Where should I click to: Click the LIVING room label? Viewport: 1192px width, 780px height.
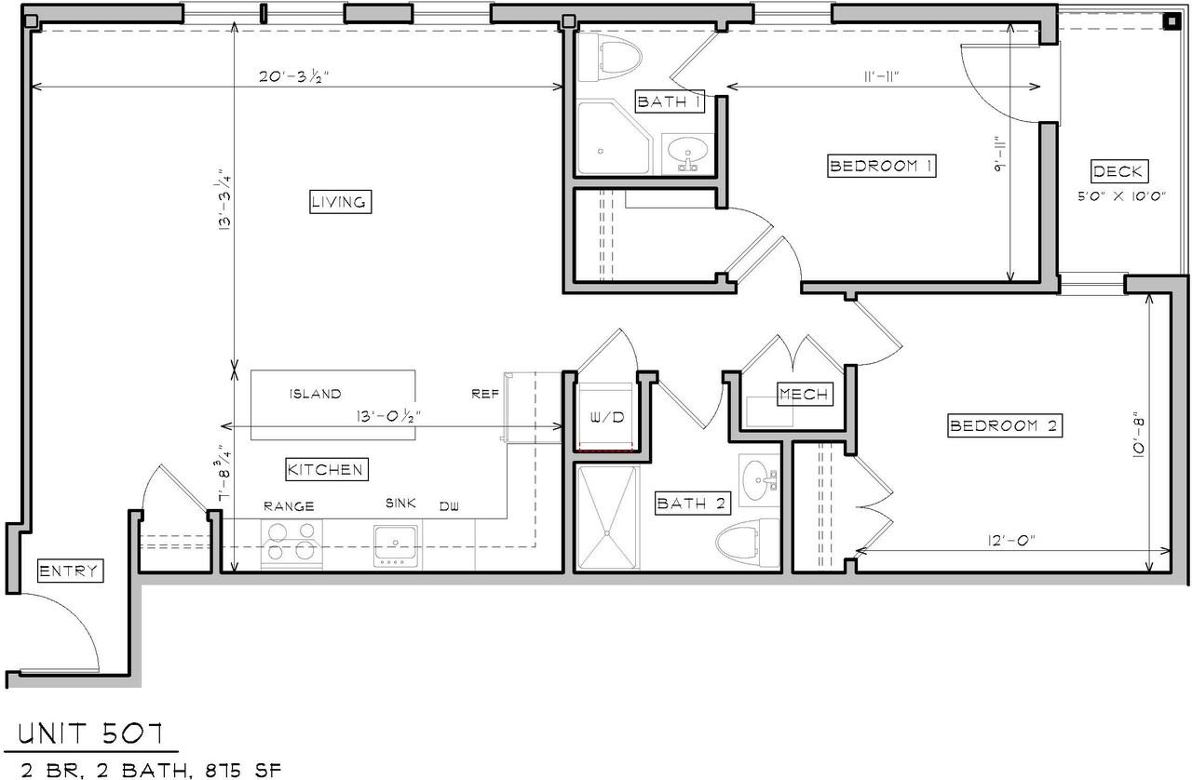pyautogui.click(x=340, y=202)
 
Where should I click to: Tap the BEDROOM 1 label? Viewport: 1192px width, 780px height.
pyautogui.click(x=881, y=167)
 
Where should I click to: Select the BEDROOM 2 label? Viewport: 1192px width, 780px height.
pyautogui.click(x=1004, y=426)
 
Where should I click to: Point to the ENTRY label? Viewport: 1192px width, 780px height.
pyautogui.click(x=69, y=572)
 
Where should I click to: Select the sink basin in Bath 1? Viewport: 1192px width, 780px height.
pyautogui.click(x=688, y=150)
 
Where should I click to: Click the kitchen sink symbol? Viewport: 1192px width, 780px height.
pyautogui.click(x=396, y=544)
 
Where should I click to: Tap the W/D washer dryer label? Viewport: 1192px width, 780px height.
pyautogui.click(x=606, y=418)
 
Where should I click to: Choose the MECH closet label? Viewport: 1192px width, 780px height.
pyautogui.click(x=804, y=395)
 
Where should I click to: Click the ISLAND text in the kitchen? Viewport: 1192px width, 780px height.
pyautogui.click(x=315, y=394)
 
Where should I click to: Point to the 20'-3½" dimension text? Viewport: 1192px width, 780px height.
pyautogui.click(x=295, y=77)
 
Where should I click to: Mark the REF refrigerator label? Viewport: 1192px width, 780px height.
pyautogui.click(x=485, y=394)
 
